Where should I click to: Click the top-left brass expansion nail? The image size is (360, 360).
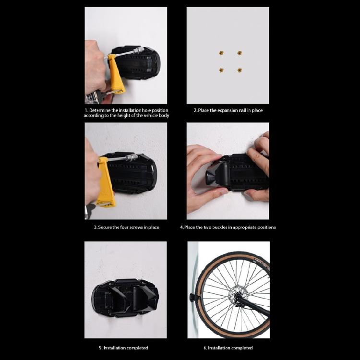(x=221, y=53)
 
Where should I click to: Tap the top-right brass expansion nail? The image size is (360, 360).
(x=239, y=53)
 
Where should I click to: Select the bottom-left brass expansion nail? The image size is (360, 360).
(x=221, y=70)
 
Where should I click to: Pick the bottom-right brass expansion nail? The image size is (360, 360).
(x=239, y=70)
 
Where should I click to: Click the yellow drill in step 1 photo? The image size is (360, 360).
(x=115, y=74)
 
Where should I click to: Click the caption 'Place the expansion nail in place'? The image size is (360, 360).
(x=228, y=110)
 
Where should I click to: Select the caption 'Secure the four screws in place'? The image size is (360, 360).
(x=126, y=227)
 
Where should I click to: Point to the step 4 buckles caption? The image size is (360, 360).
(x=228, y=227)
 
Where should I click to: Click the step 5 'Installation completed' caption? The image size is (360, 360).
(x=126, y=348)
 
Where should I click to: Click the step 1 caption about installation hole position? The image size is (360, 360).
(x=126, y=113)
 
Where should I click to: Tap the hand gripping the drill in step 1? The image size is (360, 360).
(x=95, y=67)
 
